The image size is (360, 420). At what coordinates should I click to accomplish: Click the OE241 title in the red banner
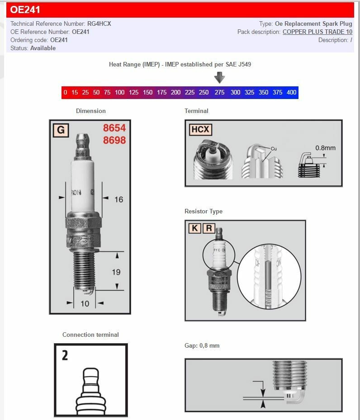coord(25,10)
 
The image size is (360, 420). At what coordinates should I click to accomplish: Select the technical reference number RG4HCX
coord(99,24)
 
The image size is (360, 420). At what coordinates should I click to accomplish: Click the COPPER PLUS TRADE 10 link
coord(317,32)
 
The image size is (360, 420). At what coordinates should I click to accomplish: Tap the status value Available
coord(43,48)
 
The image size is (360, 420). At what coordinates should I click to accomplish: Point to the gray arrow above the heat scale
coord(219,77)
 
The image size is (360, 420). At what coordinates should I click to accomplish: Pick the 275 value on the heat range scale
coord(219,92)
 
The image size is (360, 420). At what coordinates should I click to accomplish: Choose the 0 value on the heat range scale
coord(66,92)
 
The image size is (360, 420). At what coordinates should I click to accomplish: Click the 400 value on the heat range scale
coord(291,92)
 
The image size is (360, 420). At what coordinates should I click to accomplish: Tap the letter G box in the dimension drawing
coord(61,131)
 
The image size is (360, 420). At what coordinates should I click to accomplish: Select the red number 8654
coord(114,128)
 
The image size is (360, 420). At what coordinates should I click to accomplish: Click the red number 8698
coord(114,140)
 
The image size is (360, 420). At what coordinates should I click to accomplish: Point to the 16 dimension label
coord(118,199)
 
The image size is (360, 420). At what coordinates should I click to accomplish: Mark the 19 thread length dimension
coord(116,272)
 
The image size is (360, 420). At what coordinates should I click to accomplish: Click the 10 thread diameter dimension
coord(85,303)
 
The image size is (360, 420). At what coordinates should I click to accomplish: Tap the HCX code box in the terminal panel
coord(200,130)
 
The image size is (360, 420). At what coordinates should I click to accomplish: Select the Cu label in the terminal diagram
coord(274,149)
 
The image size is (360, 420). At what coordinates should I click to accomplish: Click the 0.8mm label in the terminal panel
coord(325,148)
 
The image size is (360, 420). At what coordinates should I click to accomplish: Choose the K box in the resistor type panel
coord(194,228)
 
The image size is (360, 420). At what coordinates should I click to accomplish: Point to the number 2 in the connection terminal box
coord(65,355)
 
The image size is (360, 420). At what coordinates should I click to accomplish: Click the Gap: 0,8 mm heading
coord(202,345)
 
